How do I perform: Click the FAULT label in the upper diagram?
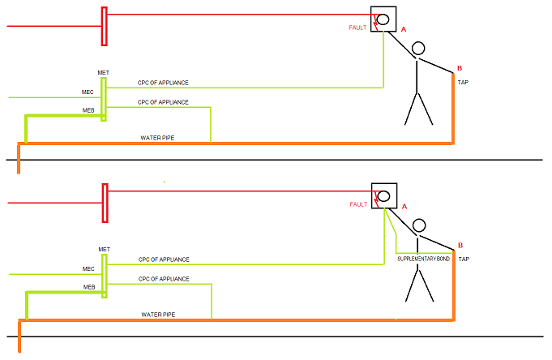pyautogui.click(x=357, y=28)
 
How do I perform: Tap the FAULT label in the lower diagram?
pyautogui.click(x=358, y=204)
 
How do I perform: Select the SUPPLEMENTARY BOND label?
pyautogui.click(x=423, y=259)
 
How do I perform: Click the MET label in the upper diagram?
pyautogui.click(x=104, y=72)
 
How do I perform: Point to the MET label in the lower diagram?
pyautogui.click(x=105, y=250)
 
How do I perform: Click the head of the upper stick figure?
pyautogui.click(x=418, y=49)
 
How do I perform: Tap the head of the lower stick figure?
pyautogui.click(x=419, y=225)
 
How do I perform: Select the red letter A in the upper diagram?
pyautogui.click(x=404, y=29)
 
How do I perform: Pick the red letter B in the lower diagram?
pyautogui.click(x=460, y=245)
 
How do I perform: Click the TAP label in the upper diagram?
pyautogui.click(x=463, y=83)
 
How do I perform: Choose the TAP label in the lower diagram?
pyautogui.click(x=464, y=259)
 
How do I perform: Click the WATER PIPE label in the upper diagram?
pyautogui.click(x=157, y=138)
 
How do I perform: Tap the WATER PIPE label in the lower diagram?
pyautogui.click(x=158, y=315)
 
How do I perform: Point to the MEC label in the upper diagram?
pyautogui.click(x=88, y=92)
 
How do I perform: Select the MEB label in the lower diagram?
pyautogui.click(x=89, y=287)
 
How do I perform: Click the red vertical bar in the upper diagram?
pyautogui.click(x=105, y=27)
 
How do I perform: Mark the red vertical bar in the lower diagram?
pyautogui.click(x=105, y=204)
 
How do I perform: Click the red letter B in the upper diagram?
pyautogui.click(x=460, y=68)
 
